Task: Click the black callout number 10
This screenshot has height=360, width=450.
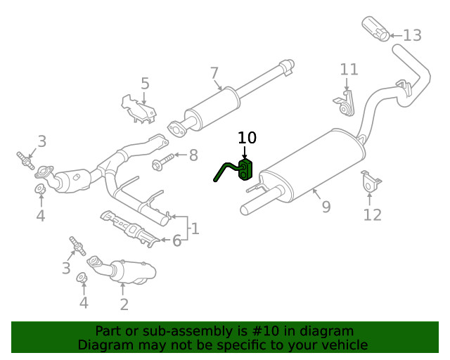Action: click(247, 138)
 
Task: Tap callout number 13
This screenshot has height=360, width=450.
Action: click(412, 35)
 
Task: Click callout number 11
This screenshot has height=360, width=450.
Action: click(349, 70)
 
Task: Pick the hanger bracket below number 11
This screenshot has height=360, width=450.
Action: click(344, 103)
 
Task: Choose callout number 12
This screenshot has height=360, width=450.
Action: click(372, 214)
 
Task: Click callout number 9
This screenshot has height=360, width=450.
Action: click(325, 207)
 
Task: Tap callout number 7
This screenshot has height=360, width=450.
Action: click(214, 72)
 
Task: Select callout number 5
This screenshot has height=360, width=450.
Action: click(145, 84)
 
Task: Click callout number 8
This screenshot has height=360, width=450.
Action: click(193, 155)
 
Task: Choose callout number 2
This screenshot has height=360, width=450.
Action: click(124, 304)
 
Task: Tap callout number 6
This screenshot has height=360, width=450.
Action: click(176, 240)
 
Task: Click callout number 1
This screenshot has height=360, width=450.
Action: click(195, 229)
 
